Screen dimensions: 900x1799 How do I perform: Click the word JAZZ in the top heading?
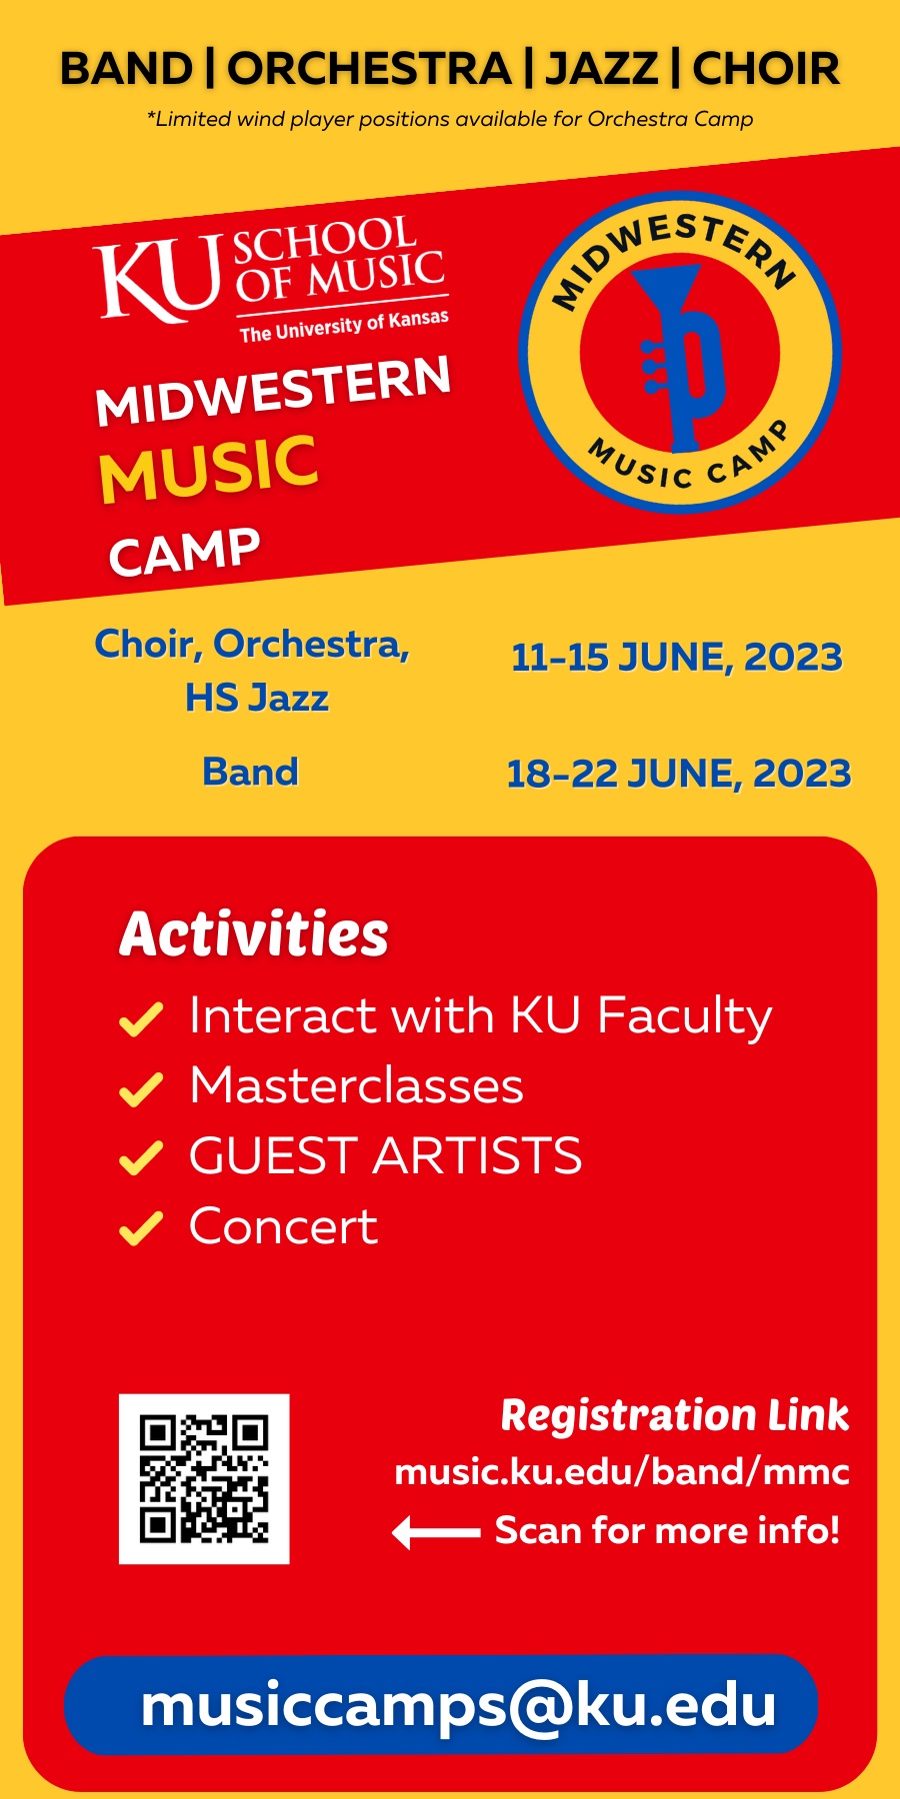pos(602,69)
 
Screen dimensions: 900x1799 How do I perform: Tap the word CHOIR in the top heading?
pos(766,69)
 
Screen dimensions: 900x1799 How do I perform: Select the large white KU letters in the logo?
pos(158,279)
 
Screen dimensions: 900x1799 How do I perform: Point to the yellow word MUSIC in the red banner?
pos(208,468)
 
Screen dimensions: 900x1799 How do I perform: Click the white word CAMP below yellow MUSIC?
pos(184,552)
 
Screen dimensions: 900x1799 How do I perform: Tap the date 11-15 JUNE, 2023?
pos(677,658)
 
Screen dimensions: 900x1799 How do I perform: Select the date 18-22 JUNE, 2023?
pos(679,774)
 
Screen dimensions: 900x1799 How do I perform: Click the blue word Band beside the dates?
pos(250,772)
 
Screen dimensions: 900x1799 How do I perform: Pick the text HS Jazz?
pos(257,698)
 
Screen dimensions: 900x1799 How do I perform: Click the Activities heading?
pos(254,934)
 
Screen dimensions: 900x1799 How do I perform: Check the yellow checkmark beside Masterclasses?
pos(141,1089)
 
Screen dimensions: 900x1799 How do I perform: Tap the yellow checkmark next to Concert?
pos(141,1228)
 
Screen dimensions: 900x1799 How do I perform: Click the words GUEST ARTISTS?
pos(386,1156)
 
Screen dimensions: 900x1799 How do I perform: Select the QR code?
pos(204,1479)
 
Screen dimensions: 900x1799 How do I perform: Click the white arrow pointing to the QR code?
pos(436,1531)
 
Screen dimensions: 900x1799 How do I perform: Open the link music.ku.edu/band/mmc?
pos(622,1472)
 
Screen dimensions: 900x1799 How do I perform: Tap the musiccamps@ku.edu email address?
pos(459,1705)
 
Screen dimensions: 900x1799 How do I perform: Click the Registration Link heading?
pos(675,1415)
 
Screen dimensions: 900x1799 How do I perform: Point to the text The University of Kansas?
pos(344,326)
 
